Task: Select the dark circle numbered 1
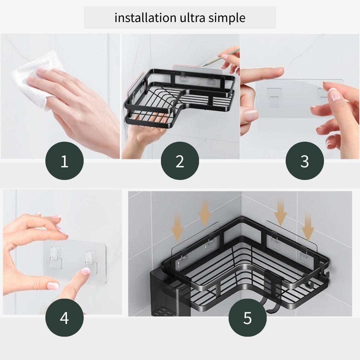[64, 161]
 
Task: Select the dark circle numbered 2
[180, 161]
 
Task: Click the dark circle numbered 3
[304, 161]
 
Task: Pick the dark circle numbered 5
[247, 317]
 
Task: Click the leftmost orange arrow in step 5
[178, 227]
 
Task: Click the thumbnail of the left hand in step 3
[251, 115]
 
